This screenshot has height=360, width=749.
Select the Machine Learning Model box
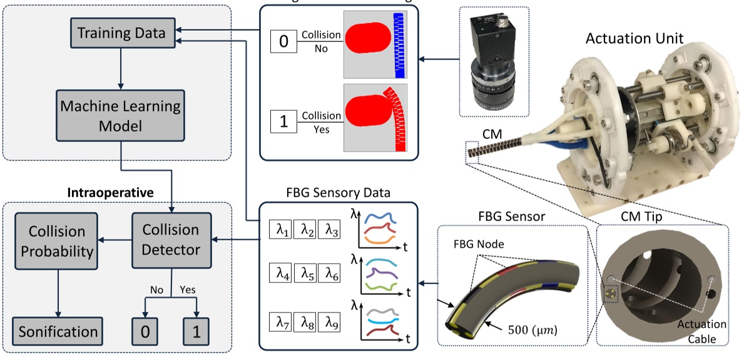click(120, 116)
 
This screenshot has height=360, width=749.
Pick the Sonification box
click(58, 331)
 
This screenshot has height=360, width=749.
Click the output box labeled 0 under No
click(145, 331)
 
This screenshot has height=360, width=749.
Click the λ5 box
click(305, 274)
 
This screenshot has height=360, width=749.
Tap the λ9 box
click(329, 323)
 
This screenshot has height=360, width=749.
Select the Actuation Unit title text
click(634, 39)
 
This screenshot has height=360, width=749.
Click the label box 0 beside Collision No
click(283, 42)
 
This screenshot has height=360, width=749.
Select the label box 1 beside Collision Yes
click(283, 121)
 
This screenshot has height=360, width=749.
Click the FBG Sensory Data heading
click(331, 192)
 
